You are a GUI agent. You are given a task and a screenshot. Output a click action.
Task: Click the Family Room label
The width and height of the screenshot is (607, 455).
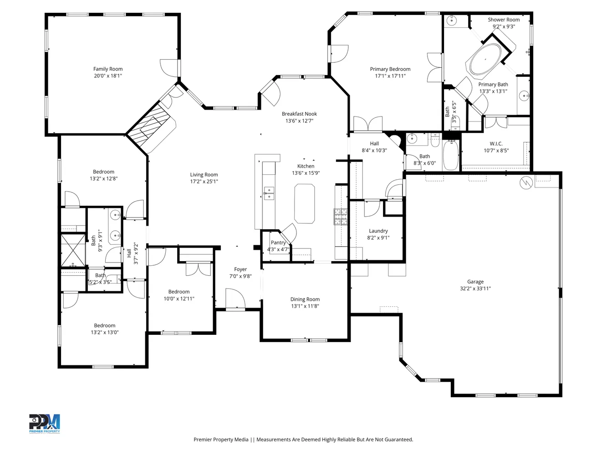pos(108,69)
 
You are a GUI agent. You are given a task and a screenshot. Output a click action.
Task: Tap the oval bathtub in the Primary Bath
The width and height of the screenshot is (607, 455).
pos(485,59)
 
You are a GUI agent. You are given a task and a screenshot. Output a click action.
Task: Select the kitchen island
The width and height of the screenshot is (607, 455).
pos(304,203)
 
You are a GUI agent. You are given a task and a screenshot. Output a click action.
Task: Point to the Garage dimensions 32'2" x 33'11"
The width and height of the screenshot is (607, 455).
pos(475,288)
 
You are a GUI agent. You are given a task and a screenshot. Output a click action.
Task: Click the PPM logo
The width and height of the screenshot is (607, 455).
pos(45,424)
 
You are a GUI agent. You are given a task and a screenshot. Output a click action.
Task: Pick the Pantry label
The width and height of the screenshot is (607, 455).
pos(278,243)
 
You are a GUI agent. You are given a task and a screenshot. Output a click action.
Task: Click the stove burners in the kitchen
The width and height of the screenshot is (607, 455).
pos(341,217)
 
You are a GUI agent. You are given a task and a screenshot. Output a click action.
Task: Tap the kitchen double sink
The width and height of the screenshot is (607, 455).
pos(269,193)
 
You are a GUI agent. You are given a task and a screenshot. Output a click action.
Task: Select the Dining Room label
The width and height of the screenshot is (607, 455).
pos(305,299)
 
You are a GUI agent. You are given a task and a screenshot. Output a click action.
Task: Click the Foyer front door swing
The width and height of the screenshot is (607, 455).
pos(235,298)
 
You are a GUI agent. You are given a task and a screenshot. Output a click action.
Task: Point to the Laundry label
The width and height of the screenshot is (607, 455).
pos(378,231)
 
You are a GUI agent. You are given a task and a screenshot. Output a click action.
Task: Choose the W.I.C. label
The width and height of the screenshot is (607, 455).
pos(496,144)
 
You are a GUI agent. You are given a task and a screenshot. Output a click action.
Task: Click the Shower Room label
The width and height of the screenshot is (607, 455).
pos(504,20)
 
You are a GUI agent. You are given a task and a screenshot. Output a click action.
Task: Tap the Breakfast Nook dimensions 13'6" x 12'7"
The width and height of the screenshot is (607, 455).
pos(299,121)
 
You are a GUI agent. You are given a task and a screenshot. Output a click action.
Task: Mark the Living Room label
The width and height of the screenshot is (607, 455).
pos(204,175)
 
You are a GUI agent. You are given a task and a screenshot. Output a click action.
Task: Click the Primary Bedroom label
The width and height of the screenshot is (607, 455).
pos(390,69)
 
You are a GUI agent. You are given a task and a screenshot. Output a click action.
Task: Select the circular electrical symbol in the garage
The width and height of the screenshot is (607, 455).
pos(526,182)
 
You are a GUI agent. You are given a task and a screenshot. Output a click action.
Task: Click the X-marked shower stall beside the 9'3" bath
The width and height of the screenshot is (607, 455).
pos(73,250)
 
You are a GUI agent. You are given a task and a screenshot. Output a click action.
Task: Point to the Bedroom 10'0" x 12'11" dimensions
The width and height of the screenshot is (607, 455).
pos(179,298)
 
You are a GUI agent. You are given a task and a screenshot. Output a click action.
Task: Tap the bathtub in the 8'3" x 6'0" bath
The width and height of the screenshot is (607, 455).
pos(451,155)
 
